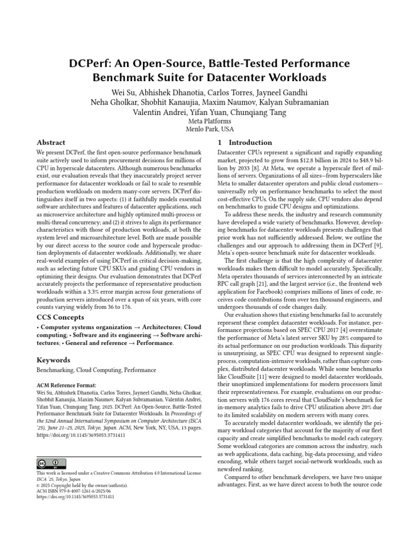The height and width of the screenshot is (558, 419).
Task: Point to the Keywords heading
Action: (54, 360)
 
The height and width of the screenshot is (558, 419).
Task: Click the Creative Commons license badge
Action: (48, 464)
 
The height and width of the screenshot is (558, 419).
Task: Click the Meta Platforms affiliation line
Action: (209, 121)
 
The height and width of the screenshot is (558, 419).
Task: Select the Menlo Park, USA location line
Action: (209, 130)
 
